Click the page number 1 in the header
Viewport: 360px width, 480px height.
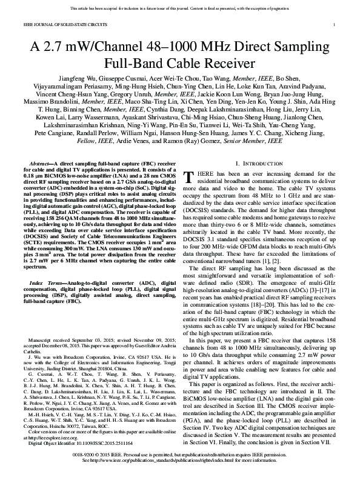[x=335, y=24]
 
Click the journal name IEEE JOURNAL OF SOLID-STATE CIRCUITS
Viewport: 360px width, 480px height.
[x=56, y=24]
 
